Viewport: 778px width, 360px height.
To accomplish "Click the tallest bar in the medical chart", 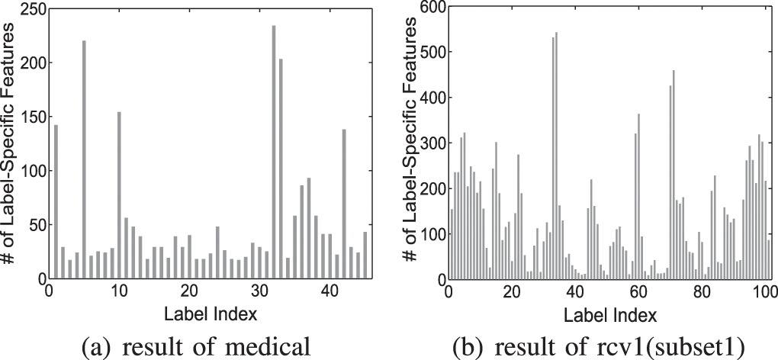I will [274, 153].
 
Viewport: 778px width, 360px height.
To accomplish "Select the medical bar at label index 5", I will [84, 160].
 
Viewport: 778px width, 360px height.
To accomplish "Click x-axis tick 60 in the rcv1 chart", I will [638, 291].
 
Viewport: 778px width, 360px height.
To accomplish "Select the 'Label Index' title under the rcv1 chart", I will [608, 313].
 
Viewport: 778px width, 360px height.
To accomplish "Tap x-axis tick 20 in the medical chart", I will [189, 291].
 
